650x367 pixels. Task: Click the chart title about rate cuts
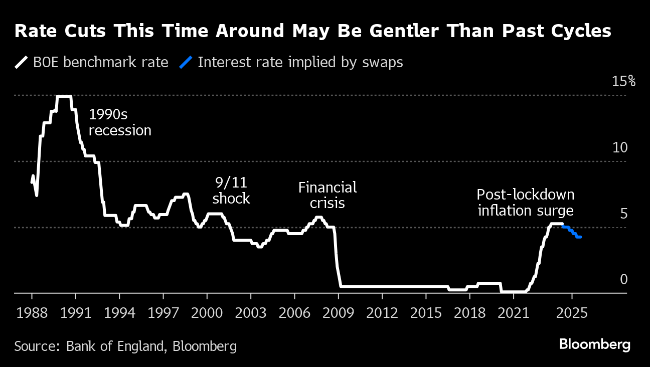point(313,32)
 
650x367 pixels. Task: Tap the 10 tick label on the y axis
point(620,148)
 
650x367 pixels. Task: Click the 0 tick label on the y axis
point(623,279)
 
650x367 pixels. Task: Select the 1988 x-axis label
point(32,313)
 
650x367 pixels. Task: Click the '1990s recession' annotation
point(120,122)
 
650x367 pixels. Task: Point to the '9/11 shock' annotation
point(231,190)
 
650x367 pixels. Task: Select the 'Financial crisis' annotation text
point(328,195)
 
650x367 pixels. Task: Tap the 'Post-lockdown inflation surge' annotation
point(525,202)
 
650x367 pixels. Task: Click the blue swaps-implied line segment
point(572,231)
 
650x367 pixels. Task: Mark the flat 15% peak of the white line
point(64,96)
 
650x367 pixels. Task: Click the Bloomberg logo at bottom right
point(594,345)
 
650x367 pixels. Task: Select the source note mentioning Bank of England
point(125,346)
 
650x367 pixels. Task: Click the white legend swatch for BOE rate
point(22,63)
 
